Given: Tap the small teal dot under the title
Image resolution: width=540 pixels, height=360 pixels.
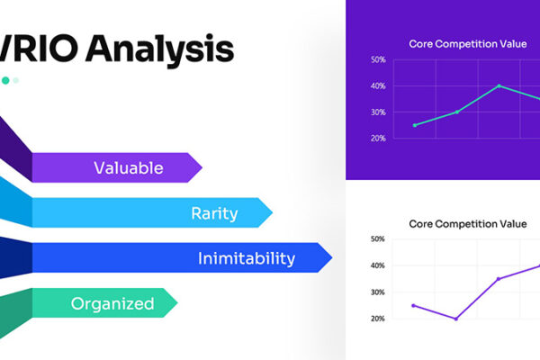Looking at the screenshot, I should point(5,81).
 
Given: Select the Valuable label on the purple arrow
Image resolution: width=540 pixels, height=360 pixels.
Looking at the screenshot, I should point(129,167).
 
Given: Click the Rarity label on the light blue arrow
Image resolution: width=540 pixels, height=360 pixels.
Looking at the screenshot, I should point(214,213).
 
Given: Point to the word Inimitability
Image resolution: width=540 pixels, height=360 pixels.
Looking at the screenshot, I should point(246,259).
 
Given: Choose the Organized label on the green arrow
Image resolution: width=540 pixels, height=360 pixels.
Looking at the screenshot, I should point(112,303).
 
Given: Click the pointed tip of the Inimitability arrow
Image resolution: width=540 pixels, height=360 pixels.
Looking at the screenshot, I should point(330,259).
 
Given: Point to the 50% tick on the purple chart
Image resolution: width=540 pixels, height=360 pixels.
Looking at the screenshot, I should point(378,60).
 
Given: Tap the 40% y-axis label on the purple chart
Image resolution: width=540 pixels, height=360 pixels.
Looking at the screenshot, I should point(378,86).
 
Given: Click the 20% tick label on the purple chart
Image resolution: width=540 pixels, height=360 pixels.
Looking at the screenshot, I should point(378,139).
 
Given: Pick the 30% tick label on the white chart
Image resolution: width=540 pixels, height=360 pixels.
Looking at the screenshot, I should point(378,292).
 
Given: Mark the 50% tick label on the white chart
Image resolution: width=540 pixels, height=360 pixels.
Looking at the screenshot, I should point(378,240).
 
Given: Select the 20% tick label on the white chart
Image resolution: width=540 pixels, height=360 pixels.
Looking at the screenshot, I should point(378,319).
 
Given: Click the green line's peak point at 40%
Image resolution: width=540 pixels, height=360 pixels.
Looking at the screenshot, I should point(499,86).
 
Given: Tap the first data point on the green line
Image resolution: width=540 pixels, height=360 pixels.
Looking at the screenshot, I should point(414,125).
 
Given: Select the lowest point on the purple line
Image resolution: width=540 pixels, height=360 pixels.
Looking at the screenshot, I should point(456,319).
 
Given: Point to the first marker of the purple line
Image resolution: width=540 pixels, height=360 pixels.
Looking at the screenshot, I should point(414,305).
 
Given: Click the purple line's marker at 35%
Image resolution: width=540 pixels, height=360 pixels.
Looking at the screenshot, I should point(499,279).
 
